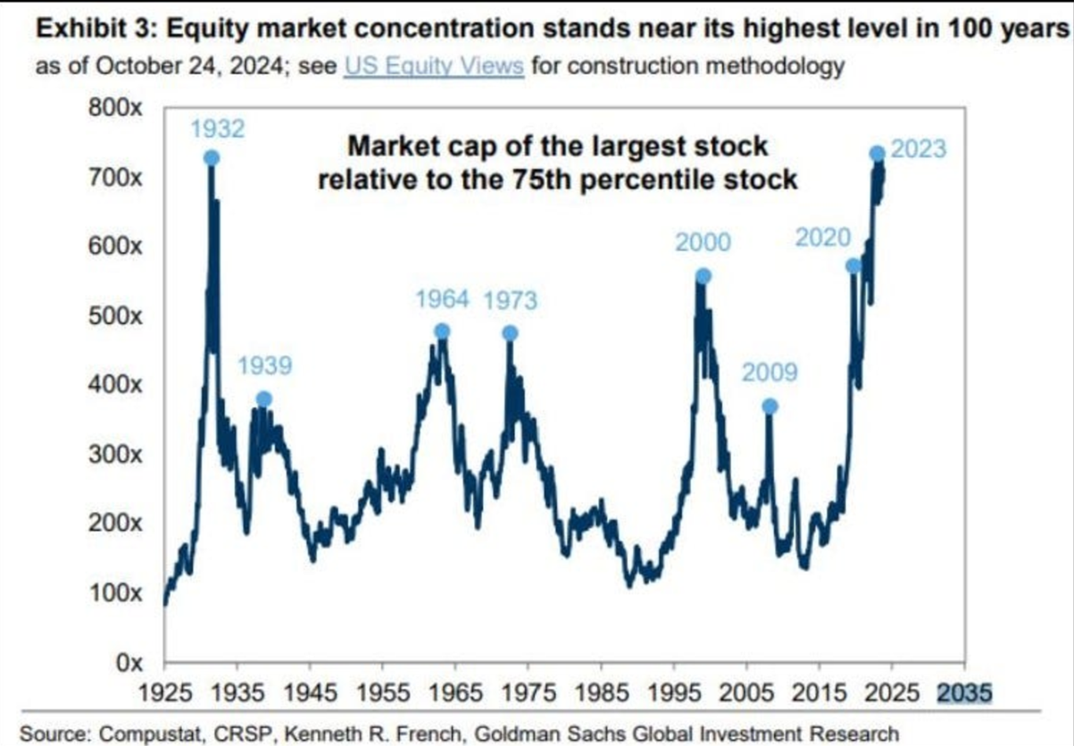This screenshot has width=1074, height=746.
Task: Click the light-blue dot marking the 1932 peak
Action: coord(212,157)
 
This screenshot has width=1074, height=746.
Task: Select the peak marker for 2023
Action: coord(877,154)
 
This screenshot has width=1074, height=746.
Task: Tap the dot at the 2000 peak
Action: coord(703,276)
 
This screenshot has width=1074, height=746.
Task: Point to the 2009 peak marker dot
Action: coord(770,407)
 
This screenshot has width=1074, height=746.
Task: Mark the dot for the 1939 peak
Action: coord(263,398)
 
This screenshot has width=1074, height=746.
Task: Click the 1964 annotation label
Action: coord(442,299)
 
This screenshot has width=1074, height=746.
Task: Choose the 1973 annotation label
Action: coord(510,301)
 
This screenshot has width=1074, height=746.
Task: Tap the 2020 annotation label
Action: coord(823,238)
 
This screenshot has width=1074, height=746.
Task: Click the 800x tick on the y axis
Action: coord(115,108)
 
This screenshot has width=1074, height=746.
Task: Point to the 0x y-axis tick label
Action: coord(129,663)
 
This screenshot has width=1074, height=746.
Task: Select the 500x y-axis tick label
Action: coord(115,316)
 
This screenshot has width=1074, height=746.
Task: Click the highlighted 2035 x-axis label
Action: coord(965,693)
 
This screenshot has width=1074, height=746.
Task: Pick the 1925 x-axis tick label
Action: coord(165,693)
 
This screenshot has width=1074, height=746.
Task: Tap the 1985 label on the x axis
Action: coord(601,693)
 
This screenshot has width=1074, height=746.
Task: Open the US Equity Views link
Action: coord(434,66)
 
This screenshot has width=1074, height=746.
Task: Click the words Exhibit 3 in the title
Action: coord(96,29)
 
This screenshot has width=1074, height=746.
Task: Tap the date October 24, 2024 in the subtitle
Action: coord(190,66)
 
